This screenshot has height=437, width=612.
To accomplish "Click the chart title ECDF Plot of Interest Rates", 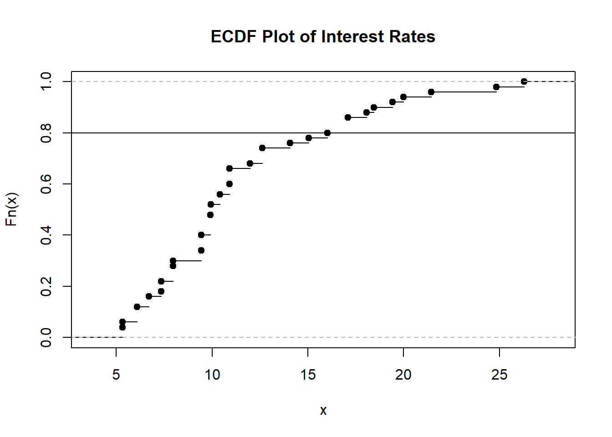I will click(322, 36).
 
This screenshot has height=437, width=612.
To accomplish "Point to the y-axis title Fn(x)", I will click(11, 209).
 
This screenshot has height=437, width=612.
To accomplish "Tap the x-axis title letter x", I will click(323, 410).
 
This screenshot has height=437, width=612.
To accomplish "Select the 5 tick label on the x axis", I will click(116, 375).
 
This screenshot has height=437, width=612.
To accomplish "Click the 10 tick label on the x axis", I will click(212, 375).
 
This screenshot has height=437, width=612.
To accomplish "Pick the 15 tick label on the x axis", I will click(308, 375).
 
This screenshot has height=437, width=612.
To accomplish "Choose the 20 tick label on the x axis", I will click(403, 375).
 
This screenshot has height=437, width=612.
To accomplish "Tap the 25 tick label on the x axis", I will click(500, 375).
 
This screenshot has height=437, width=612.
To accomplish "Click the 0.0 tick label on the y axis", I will click(46, 337).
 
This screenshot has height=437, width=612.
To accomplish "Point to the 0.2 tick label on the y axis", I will click(46, 286).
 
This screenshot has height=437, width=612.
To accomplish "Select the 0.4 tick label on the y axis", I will click(46, 235).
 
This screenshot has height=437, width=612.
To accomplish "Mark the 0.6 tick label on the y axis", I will click(46, 184).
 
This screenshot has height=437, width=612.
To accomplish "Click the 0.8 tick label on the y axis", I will click(46, 133).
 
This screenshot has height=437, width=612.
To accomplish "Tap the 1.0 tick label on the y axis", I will click(46, 81).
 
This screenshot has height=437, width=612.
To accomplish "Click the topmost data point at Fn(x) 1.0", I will click(524, 81).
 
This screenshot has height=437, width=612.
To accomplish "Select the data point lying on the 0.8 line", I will click(327, 133).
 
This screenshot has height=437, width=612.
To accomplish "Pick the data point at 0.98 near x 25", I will click(496, 87).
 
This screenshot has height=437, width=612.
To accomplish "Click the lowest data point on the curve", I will click(122, 327).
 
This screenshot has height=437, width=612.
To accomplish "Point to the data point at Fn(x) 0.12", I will click(137, 307).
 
